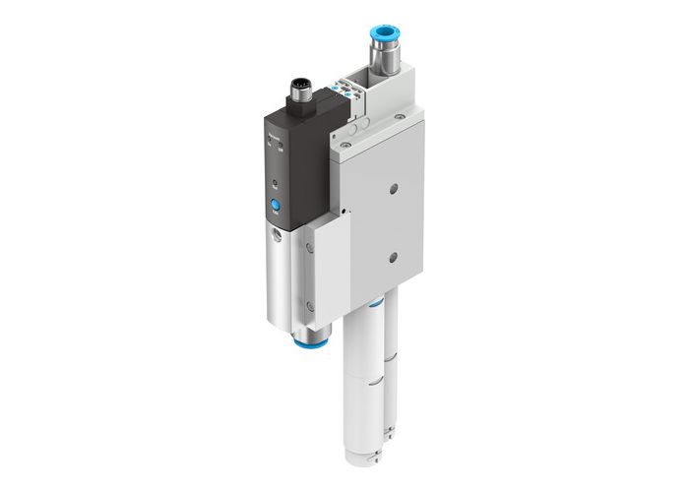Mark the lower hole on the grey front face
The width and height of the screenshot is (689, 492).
coord(393,257)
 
